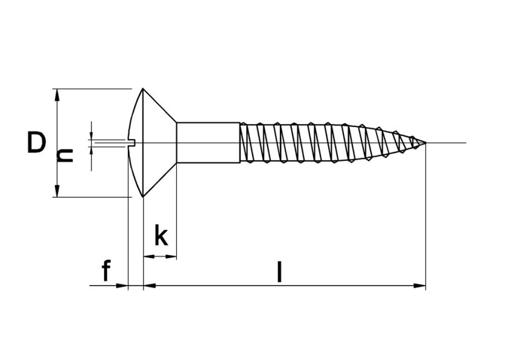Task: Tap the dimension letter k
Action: [x=160, y=235]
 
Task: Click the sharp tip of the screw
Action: [x=425, y=143]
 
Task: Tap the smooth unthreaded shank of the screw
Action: [x=208, y=143]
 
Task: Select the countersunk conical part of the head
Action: [x=159, y=143]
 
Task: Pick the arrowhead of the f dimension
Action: [x=124, y=286]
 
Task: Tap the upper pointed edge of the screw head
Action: [x=143, y=90]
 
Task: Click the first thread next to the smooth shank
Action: [x=246, y=143]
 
